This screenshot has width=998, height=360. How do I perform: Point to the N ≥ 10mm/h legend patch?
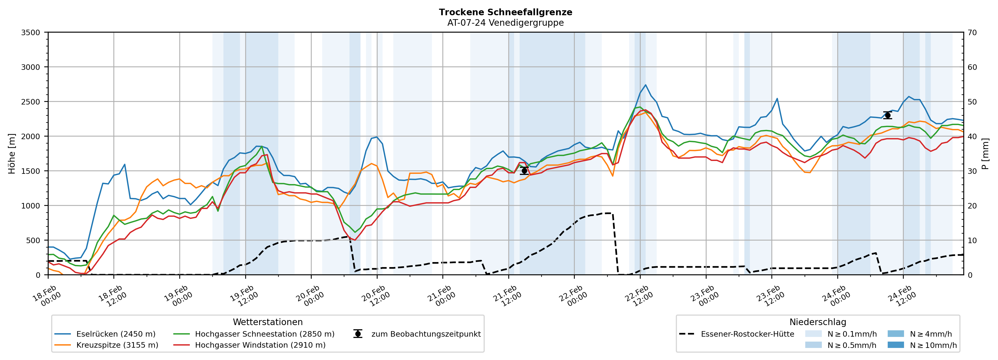pos(896,345)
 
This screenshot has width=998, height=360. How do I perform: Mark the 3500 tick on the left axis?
pos(31,33)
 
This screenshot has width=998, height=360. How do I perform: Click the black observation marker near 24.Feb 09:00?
pos(887,115)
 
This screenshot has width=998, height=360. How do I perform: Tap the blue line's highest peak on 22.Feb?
pos(645,85)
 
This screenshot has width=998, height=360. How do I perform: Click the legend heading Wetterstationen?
pos(268,322)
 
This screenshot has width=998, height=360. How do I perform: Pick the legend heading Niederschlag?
pos(818,322)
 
